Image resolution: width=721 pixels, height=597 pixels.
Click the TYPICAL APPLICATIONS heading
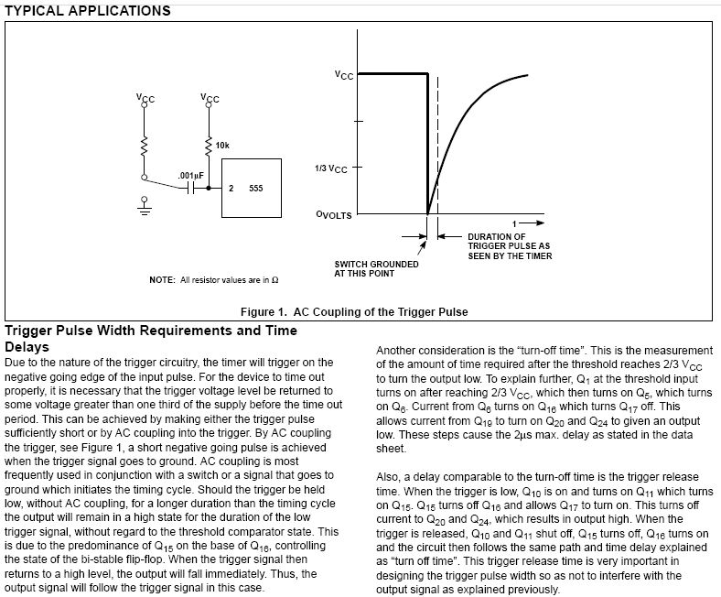pos(87,11)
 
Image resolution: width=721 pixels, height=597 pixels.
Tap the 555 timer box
pos(246,188)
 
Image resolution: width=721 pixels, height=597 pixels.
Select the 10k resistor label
pos(222,146)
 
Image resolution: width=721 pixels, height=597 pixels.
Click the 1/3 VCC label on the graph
pos(332,168)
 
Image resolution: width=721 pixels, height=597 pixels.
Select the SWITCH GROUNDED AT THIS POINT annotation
pos(377,268)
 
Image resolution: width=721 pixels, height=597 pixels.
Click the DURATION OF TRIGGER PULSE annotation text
pos(509,246)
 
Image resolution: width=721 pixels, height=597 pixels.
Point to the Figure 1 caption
pos(354,311)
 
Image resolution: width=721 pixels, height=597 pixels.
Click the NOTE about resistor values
pos(213,279)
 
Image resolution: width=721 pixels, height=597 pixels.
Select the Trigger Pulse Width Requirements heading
pos(150,331)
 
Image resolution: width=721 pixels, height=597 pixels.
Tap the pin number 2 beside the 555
pos(231,188)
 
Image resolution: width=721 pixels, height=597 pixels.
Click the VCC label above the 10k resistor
pos(210,97)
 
